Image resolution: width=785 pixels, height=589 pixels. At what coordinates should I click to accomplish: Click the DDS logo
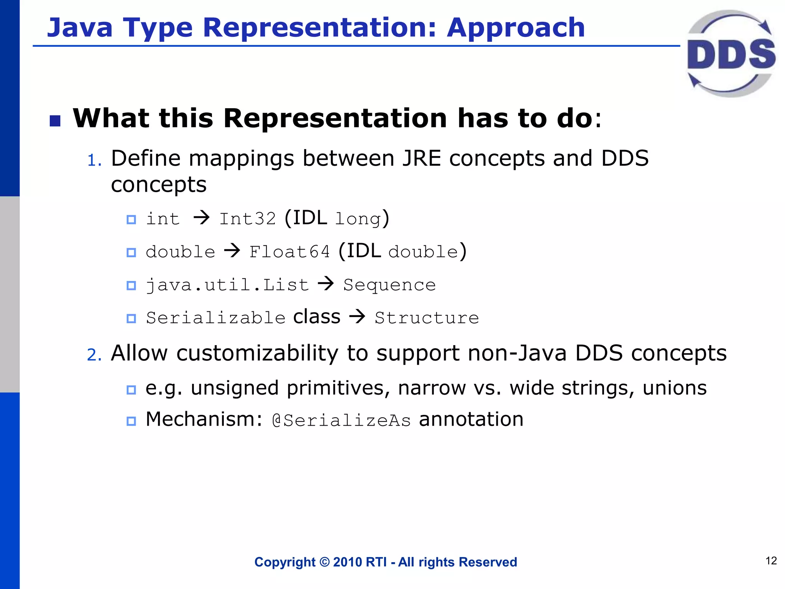(x=731, y=54)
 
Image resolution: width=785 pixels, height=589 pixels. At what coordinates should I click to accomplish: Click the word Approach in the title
(x=516, y=28)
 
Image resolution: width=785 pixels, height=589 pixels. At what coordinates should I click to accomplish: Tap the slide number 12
(x=771, y=561)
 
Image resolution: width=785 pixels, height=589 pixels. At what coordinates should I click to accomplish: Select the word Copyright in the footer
(x=285, y=562)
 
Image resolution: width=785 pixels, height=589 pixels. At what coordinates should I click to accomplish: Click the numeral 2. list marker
(x=94, y=355)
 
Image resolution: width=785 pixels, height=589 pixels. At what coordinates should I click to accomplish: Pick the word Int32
(x=247, y=219)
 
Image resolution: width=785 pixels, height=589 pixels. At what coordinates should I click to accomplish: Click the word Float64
(x=289, y=252)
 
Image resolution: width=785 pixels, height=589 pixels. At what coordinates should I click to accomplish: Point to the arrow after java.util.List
(x=326, y=284)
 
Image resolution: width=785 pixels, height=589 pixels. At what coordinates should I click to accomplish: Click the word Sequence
(x=389, y=285)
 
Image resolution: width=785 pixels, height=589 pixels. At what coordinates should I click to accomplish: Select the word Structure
(x=427, y=318)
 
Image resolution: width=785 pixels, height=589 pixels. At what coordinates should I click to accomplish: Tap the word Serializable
(x=216, y=318)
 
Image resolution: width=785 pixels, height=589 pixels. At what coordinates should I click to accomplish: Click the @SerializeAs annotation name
(x=341, y=421)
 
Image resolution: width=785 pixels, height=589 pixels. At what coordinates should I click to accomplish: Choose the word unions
(x=675, y=388)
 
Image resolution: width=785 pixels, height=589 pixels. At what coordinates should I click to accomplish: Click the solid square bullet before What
(x=55, y=121)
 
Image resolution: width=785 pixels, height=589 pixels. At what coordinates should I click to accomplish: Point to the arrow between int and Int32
(x=202, y=218)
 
